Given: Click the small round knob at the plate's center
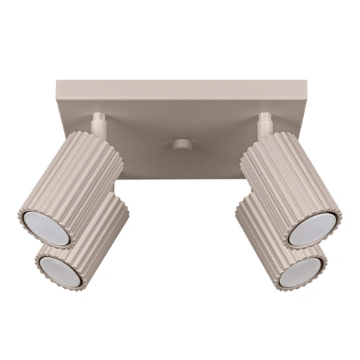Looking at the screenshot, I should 181,145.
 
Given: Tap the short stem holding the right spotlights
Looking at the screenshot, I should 265,123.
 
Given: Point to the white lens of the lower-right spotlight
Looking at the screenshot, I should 299,270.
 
